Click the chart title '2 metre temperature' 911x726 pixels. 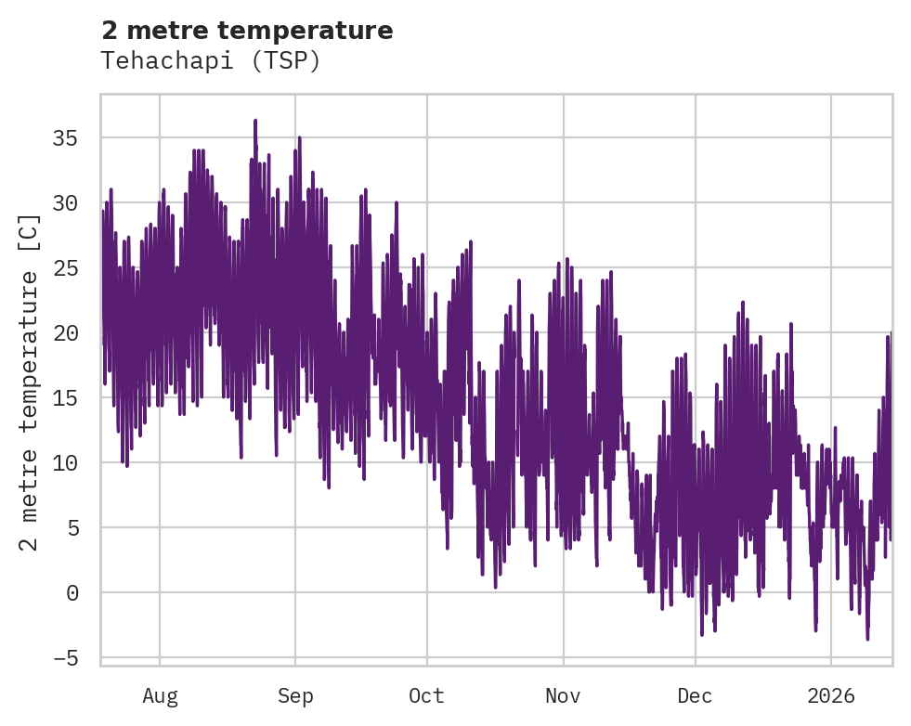coord(247,31)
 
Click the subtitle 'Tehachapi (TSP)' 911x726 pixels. coord(211,61)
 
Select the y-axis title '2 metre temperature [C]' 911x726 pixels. coord(30,382)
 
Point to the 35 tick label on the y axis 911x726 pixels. coord(65,138)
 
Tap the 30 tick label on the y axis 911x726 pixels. coord(65,203)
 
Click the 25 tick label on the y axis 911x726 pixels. coord(65,268)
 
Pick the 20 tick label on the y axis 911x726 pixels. coord(65,333)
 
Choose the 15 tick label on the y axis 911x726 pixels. coord(65,398)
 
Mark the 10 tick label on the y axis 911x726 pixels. coord(65,463)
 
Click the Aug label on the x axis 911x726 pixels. coord(160,696)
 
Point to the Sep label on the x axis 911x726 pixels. coord(295,696)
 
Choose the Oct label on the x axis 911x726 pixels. coord(427,696)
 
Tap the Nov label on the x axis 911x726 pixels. coord(563,696)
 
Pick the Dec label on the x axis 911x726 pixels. coord(695,696)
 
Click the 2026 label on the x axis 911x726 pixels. coord(831,696)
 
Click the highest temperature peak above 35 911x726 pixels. coord(254,121)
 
